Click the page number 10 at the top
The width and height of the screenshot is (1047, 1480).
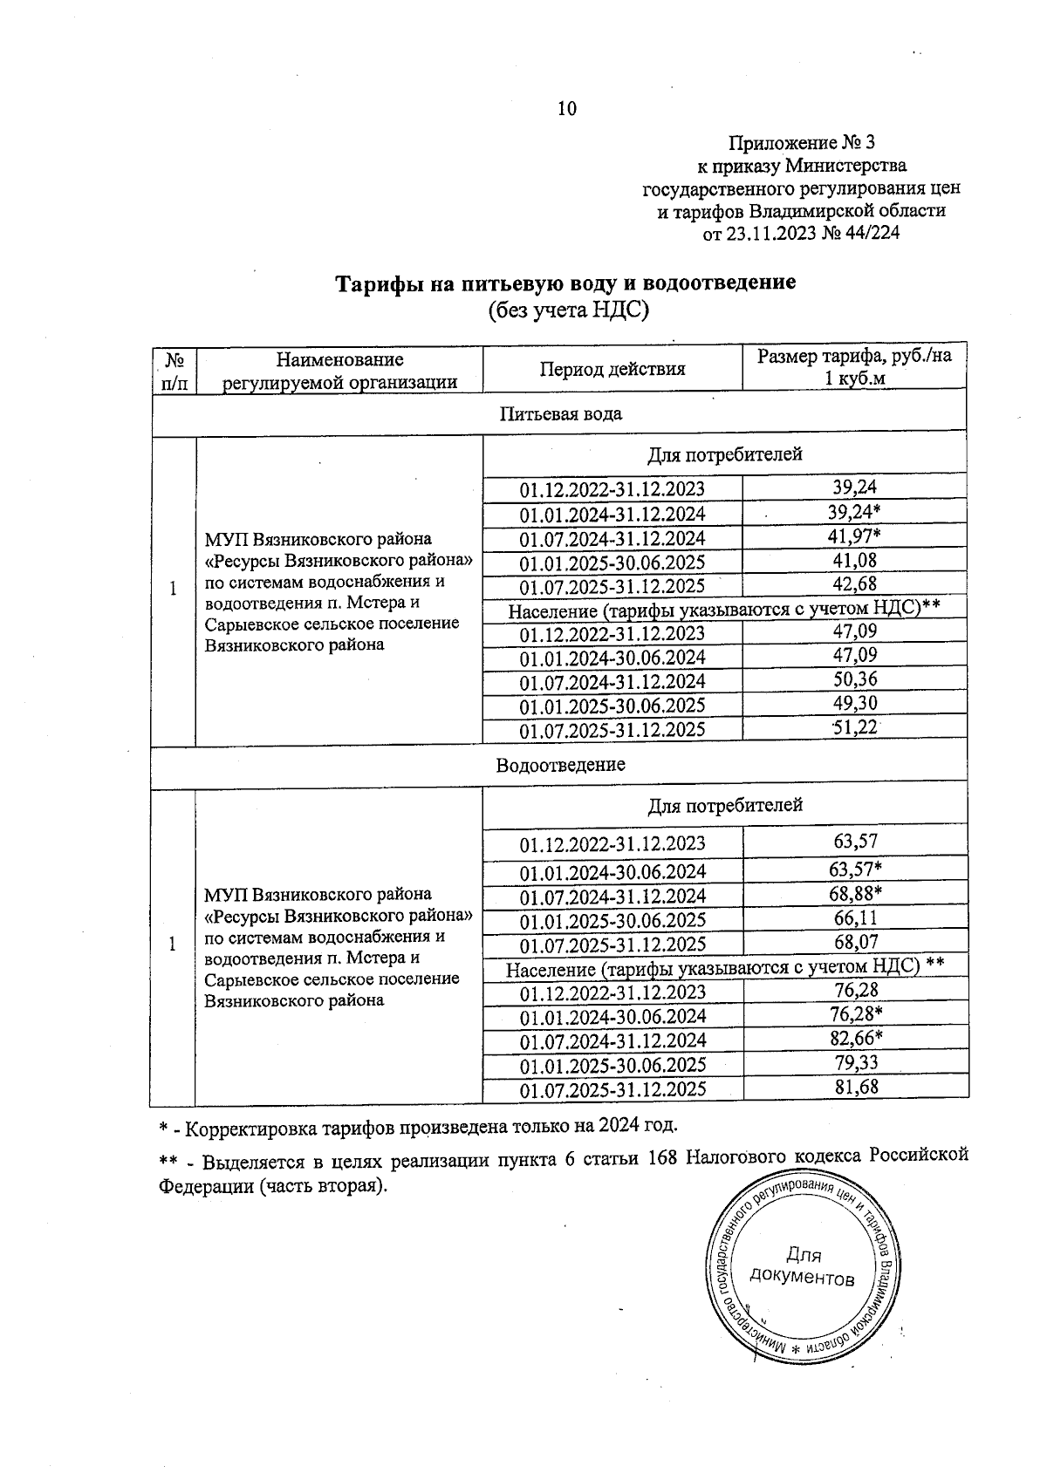566,109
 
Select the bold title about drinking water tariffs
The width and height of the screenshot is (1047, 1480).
566,283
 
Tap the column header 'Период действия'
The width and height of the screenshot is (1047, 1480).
612,369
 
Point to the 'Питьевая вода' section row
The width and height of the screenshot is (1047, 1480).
560,413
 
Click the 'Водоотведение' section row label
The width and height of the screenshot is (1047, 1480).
560,765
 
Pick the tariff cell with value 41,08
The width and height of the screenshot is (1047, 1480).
854,560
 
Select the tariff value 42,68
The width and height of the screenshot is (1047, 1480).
854,583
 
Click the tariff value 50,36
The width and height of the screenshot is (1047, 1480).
854,679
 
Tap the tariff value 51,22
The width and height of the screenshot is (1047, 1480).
854,727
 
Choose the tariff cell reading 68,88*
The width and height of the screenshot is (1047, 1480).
856,893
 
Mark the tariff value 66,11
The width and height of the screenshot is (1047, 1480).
855,917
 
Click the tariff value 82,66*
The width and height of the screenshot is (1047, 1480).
856,1038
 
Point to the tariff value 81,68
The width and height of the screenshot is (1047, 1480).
855,1087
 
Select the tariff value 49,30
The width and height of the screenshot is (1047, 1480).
854,703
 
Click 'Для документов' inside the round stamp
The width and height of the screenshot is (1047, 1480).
802,1266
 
